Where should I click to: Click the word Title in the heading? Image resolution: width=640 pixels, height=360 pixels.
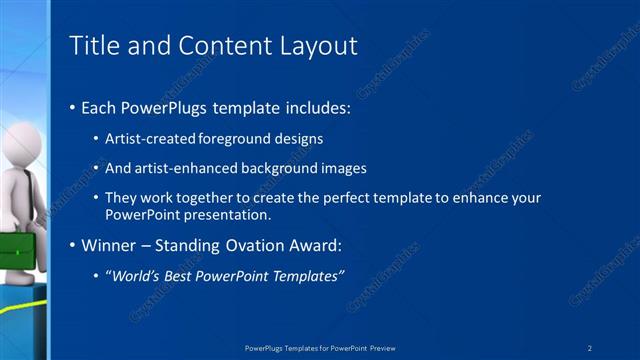click(93, 46)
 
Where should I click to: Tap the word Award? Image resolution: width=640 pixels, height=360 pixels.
click(312, 244)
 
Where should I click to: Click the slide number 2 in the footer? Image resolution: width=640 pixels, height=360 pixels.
click(590, 348)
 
